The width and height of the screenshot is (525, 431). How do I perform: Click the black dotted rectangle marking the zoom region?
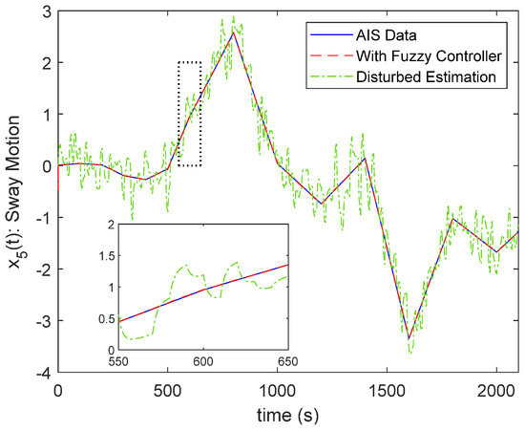189,114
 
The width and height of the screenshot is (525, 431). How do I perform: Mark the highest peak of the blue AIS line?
233,32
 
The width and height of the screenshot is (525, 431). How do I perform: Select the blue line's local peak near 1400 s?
365,159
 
